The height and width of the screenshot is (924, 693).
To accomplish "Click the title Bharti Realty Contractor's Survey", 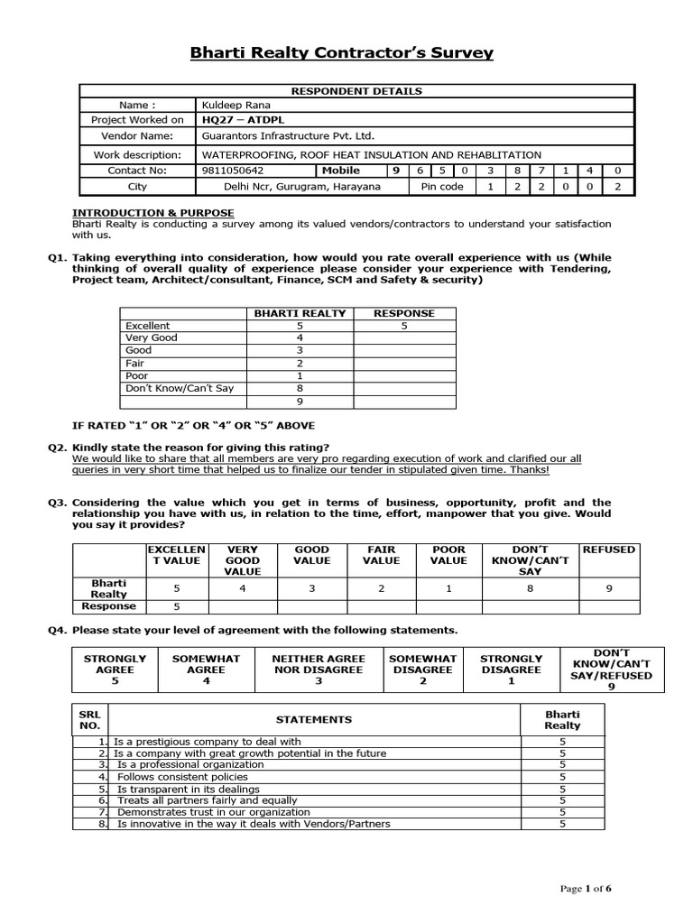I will tap(342, 52).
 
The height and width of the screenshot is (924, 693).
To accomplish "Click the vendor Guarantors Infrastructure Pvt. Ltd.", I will tap(289, 135).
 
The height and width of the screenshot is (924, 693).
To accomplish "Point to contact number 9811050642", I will tap(234, 171).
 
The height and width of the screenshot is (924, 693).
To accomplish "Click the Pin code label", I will tap(442, 187).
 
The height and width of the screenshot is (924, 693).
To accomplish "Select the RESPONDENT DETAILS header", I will tap(356, 91).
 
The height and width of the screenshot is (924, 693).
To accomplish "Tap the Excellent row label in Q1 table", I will tap(148, 326).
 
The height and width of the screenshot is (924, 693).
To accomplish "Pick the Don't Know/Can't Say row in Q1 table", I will tap(180, 388).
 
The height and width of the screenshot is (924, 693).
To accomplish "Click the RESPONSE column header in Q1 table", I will tap(404, 313).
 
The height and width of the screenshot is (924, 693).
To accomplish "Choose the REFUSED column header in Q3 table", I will tap(609, 549).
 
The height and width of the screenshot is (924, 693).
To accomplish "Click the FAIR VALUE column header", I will tap(381, 554).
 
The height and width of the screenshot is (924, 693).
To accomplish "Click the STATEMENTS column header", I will tap(314, 719).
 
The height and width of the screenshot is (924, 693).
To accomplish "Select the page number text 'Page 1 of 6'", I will tap(586, 889).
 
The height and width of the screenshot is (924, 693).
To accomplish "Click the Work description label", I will tap(137, 154).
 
